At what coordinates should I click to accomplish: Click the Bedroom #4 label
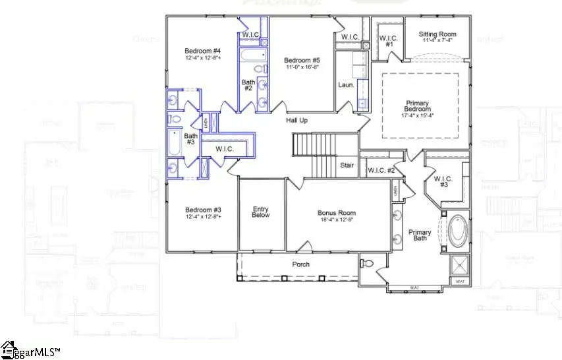[x=203, y=51]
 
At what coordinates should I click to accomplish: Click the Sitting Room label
[x=437, y=34]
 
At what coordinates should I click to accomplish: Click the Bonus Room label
[x=337, y=213]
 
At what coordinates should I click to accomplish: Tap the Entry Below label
[x=261, y=212]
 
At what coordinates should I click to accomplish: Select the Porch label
[x=302, y=264]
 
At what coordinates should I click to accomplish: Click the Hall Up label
[x=296, y=120]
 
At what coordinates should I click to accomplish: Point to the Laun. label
[x=346, y=85]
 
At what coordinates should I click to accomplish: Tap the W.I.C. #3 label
[x=441, y=181]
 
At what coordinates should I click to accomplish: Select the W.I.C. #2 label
[x=381, y=171]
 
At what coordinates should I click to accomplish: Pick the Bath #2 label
[x=248, y=84]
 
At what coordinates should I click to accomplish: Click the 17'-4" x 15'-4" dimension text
[x=419, y=116]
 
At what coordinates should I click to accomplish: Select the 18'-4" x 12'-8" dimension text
[x=337, y=221]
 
